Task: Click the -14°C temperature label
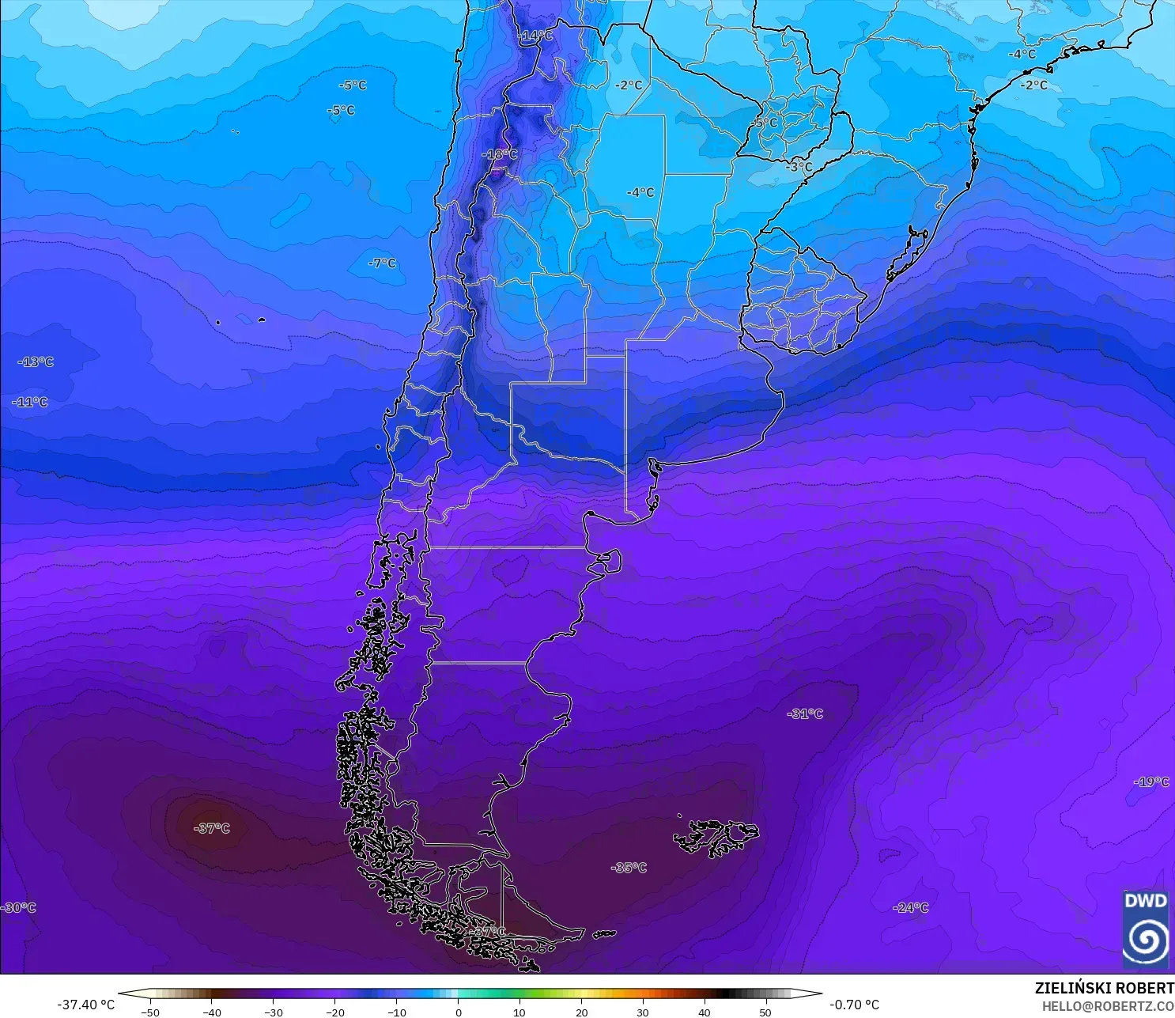(536, 36)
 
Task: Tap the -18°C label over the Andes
(500, 154)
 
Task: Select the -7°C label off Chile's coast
(383, 263)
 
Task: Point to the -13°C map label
(36, 361)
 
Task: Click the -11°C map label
(30, 402)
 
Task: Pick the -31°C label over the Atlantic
(805, 713)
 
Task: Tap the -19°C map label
(1151, 781)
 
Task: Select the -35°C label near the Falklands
(629, 868)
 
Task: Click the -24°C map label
(910, 907)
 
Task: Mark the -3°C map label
(799, 167)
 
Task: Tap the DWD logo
(1145, 929)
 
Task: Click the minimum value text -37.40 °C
(85, 1005)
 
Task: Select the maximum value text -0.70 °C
(854, 1005)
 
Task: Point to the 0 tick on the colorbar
(458, 1012)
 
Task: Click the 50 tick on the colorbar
(765, 1012)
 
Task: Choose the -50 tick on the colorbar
(149, 1012)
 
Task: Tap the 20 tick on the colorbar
(581, 1012)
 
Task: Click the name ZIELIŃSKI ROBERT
(1104, 988)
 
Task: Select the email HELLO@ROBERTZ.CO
(1107, 1006)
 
